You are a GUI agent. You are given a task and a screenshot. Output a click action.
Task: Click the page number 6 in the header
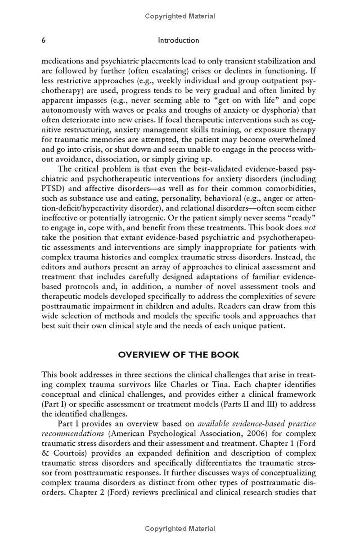tap(44, 40)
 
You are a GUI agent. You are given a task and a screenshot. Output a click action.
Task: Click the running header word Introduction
tap(179, 40)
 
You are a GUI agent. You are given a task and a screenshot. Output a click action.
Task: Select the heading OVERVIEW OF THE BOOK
tap(179, 354)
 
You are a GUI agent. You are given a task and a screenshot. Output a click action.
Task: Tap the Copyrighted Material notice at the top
tap(180, 16)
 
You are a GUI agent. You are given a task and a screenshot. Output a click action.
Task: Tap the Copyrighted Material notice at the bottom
tap(180, 528)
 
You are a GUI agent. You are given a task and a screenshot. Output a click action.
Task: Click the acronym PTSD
tap(53, 188)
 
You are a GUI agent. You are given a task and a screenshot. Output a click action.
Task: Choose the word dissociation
tap(116, 159)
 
